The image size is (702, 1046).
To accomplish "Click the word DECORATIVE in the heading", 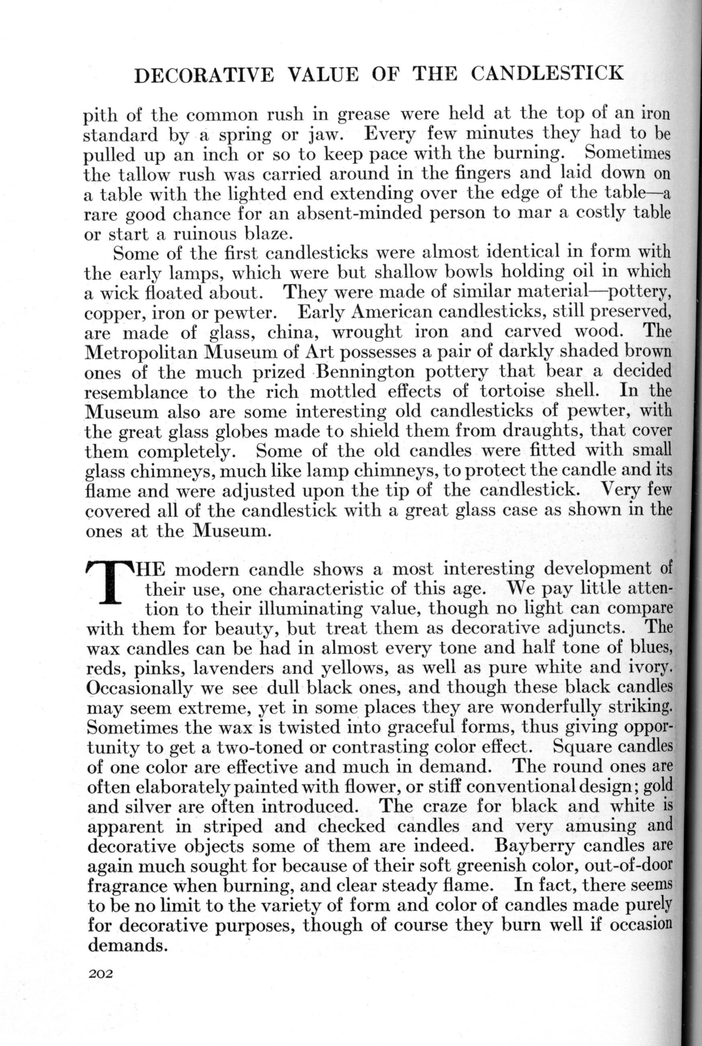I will point(204,74).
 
